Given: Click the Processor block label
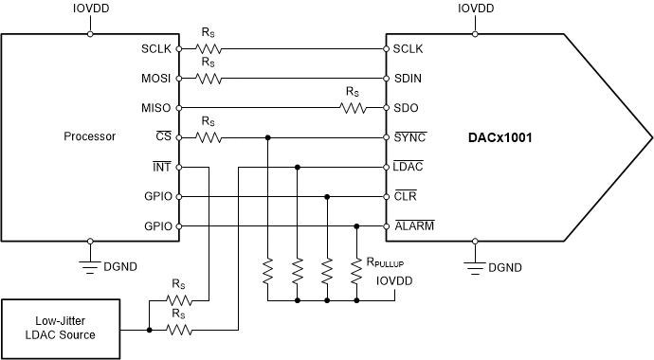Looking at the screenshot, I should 89,136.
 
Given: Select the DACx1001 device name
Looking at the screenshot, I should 499,137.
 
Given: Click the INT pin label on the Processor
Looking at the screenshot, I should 162,167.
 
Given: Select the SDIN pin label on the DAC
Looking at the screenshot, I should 408,77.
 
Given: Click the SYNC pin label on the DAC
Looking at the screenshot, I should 409,136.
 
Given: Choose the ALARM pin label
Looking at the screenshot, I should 412,226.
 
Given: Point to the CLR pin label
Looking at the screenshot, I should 406,196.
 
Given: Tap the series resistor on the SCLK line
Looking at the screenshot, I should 209,47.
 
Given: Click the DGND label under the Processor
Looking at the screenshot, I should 118,268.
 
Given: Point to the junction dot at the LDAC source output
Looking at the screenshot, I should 149,330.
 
